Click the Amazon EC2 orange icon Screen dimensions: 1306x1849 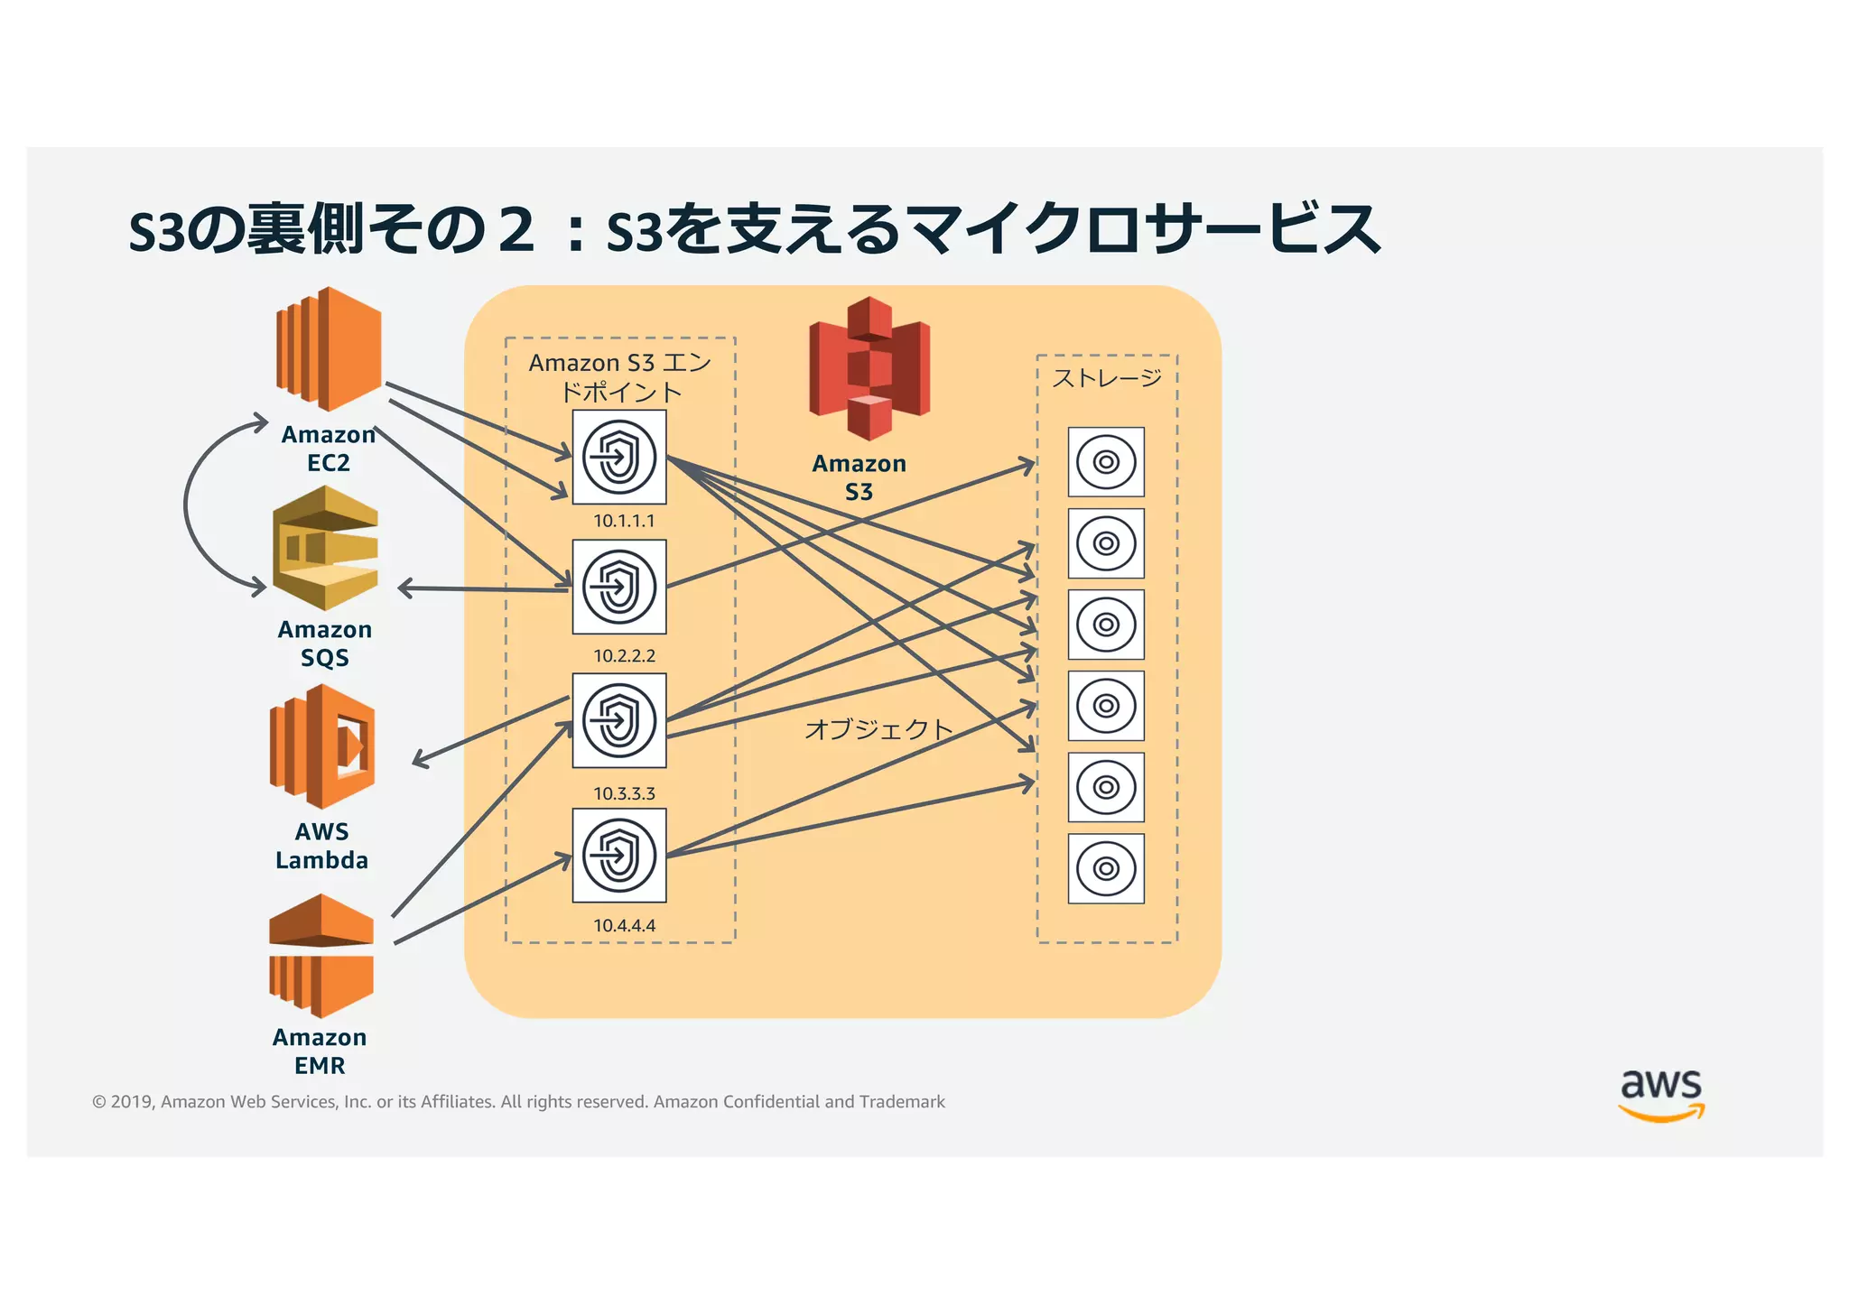(328, 349)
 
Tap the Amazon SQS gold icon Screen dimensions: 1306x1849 (325, 548)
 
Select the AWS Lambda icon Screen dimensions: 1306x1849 (322, 746)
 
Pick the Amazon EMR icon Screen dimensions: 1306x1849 (321, 956)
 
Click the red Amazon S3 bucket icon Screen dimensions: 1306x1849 (869, 368)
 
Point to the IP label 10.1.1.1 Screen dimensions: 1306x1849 (624, 521)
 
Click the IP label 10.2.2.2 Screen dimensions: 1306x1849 (624, 655)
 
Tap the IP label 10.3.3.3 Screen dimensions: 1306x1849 (624, 793)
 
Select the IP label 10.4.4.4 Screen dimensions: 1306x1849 (624, 925)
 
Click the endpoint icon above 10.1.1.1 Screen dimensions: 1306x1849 (619, 457)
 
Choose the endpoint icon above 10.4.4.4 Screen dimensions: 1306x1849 (619, 855)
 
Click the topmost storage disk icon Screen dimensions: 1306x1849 (1106, 462)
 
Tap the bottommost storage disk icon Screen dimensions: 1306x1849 (1106, 868)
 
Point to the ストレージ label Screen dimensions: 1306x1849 (1107, 378)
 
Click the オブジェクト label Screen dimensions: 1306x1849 (878, 728)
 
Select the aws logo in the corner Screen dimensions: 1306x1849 (1660, 1094)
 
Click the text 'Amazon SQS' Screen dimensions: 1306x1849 (325, 643)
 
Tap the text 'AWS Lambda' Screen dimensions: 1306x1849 (322, 846)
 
